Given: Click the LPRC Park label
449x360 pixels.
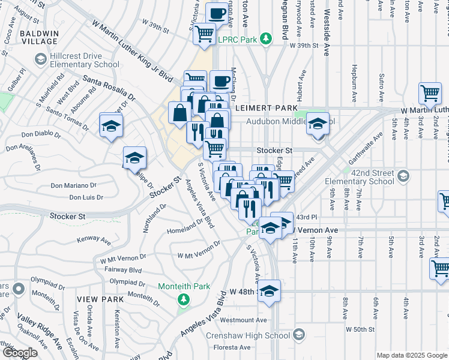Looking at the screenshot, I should [x=237, y=39].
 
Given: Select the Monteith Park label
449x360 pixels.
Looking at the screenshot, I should [x=184, y=286].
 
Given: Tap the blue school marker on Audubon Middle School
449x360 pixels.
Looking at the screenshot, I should [x=318, y=124].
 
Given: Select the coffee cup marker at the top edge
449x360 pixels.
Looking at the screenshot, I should [x=217, y=13].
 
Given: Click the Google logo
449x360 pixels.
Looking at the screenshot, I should [x=20, y=353].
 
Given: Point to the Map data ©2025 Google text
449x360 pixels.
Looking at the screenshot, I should [x=412, y=355].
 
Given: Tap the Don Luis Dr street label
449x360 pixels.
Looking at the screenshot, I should [x=86, y=197].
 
